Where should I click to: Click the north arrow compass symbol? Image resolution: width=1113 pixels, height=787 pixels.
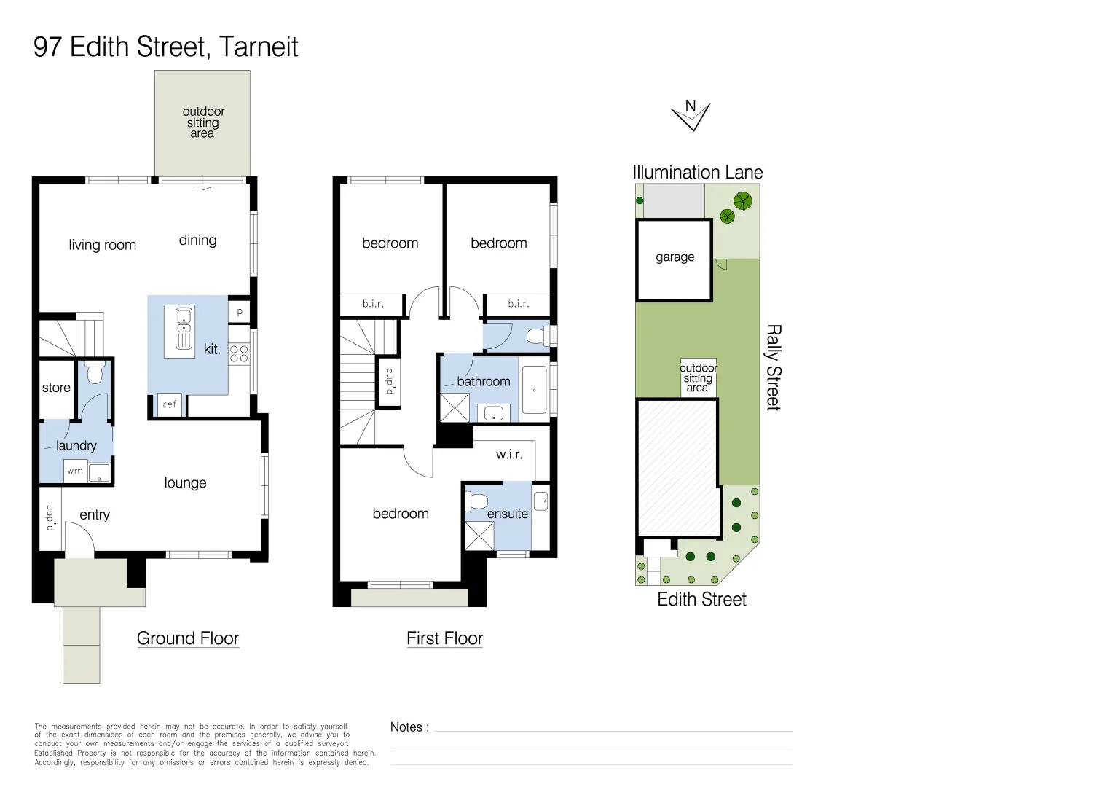(691, 115)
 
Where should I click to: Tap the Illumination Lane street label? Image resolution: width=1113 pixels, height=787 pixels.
(697, 173)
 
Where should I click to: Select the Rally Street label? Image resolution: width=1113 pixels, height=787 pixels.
(773, 367)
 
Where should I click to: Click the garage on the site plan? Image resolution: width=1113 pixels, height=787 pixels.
(674, 259)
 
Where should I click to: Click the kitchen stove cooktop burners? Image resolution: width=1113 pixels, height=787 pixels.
(239, 354)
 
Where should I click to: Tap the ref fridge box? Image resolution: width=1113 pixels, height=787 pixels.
(169, 404)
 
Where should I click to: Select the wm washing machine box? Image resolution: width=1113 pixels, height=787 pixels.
(75, 471)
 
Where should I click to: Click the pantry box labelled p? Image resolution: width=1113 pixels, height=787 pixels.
(239, 312)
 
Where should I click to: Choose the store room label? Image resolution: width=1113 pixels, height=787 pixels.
(56, 388)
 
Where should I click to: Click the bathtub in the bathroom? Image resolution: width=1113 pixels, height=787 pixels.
(534, 390)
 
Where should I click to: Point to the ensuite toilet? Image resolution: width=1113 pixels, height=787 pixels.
(477, 501)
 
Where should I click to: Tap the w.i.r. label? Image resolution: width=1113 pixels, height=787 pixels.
(509, 455)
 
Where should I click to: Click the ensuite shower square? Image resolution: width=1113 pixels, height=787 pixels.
(479, 536)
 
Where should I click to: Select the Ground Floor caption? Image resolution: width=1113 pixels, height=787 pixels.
(188, 638)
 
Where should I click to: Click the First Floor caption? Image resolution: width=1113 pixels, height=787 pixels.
(444, 638)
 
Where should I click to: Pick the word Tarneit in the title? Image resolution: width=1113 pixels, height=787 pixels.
(259, 47)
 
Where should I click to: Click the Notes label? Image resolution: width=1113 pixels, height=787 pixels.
(409, 727)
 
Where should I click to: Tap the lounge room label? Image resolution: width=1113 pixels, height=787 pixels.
(185, 483)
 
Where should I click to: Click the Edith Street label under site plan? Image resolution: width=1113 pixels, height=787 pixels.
(701, 600)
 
